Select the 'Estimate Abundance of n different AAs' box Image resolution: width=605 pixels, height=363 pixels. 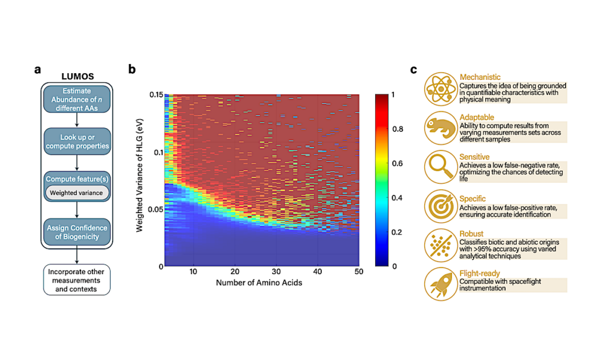point(76,99)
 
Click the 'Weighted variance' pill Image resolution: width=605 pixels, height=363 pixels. point(76,192)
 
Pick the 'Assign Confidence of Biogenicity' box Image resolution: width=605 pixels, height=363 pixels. point(76,232)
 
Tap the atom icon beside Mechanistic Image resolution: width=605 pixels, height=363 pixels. point(440,88)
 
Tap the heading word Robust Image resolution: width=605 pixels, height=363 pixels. point(472,234)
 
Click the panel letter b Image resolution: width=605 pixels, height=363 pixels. point(132,69)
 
